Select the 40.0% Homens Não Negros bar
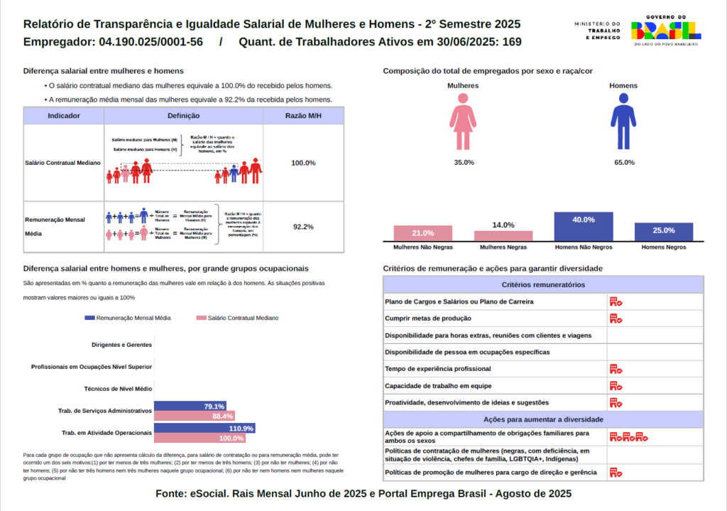584,227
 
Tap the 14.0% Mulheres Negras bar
503,237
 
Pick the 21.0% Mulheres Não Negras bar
423,234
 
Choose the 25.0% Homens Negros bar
664,232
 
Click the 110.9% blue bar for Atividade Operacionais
204,429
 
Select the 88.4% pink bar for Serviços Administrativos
194,416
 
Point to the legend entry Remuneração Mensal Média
129,318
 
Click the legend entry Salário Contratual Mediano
237,318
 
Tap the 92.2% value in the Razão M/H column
303,227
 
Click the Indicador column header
63,116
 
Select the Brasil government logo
665,29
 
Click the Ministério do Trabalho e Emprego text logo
598,30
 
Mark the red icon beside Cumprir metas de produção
616,318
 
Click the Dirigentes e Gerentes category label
121,345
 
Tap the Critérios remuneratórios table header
543,285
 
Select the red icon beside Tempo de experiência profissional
616,369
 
